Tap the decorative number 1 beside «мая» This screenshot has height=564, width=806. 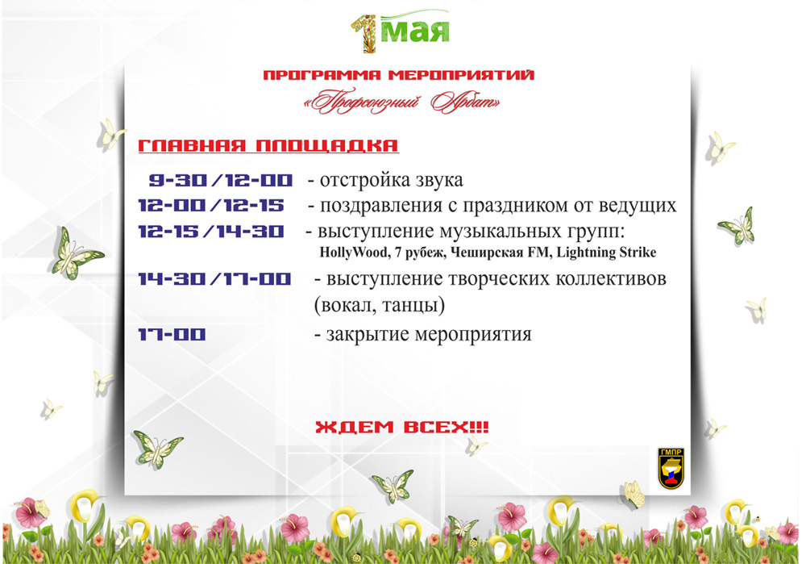(x=365, y=33)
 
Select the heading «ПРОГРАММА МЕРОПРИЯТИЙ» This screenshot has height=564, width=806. (x=399, y=75)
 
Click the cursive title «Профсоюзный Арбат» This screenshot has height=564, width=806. (x=402, y=102)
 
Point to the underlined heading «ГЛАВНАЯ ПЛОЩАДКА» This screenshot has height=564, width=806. (x=268, y=145)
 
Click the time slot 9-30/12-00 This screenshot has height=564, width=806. (x=221, y=180)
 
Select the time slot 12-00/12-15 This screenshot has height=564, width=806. (x=210, y=206)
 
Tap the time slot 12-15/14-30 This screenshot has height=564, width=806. (x=210, y=231)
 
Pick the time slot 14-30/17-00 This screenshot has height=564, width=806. (x=215, y=279)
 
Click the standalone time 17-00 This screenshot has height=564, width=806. (x=172, y=335)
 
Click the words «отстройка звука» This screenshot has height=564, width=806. (x=391, y=180)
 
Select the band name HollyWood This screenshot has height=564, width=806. (x=354, y=253)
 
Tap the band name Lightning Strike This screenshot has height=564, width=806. (x=607, y=253)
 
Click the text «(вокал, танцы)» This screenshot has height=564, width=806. (x=380, y=305)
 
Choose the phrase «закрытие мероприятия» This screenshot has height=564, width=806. (x=429, y=335)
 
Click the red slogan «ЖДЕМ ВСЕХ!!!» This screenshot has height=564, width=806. (x=401, y=427)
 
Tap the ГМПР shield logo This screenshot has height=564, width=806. (x=671, y=468)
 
